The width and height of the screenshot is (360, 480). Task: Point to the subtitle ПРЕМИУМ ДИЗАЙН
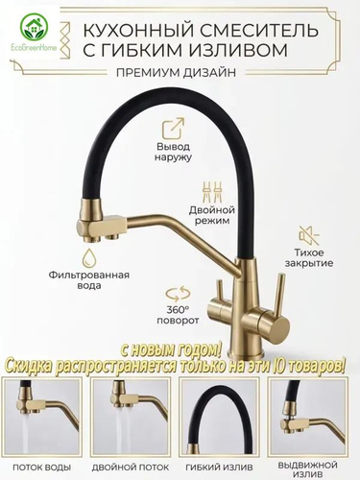[176, 73]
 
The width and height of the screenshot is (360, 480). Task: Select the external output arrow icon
[173, 129]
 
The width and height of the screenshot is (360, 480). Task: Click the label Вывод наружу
[173, 152]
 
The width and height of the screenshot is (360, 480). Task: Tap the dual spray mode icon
[211, 192]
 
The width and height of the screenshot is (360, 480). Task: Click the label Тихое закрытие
[309, 258]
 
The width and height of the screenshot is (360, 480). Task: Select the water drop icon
[89, 258]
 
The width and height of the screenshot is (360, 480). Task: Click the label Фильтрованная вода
[89, 280]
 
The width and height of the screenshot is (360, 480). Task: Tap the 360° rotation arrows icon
[178, 294]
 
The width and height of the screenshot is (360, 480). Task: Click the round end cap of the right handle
[278, 326]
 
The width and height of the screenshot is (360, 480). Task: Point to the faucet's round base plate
[246, 353]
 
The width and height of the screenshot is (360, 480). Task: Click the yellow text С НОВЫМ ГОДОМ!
[171, 352]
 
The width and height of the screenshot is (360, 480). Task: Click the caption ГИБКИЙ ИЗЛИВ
[218, 467]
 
